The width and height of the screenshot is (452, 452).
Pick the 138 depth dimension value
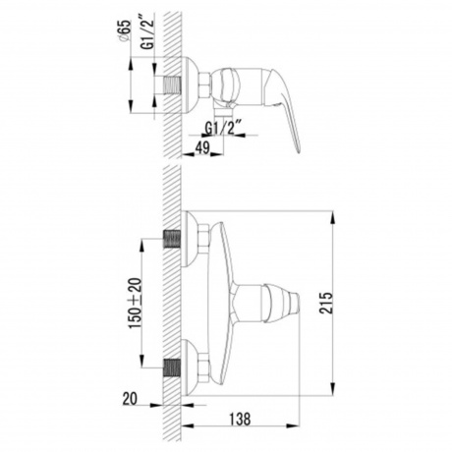[239, 418]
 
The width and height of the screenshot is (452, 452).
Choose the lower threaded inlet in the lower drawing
[171, 368]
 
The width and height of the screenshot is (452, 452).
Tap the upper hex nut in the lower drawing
[202, 237]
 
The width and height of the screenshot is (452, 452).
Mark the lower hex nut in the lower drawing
[202, 368]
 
